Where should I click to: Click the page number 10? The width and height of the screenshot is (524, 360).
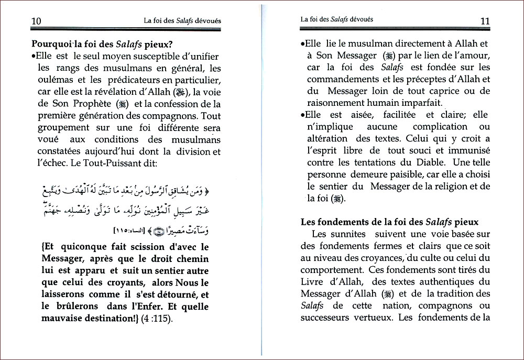[x=36, y=21]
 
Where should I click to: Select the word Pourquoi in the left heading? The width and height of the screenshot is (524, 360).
[x=51, y=45]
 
